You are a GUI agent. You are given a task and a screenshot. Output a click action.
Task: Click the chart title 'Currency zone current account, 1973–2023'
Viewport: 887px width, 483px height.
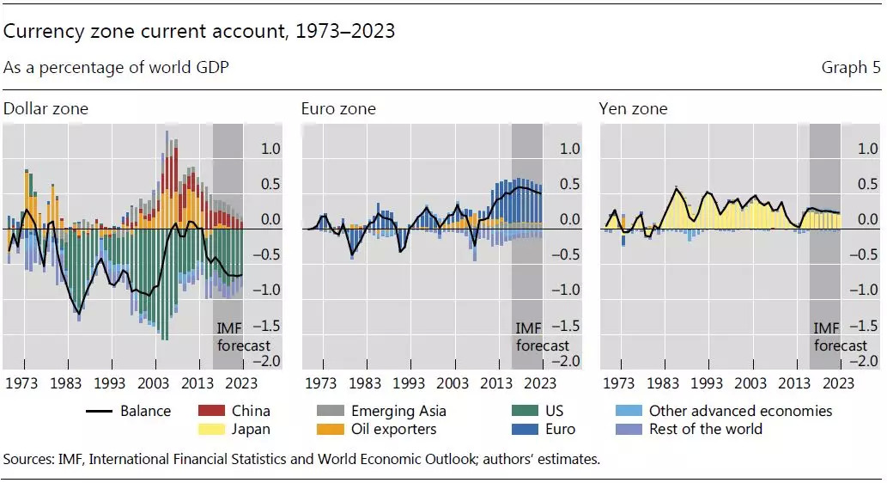click(199, 32)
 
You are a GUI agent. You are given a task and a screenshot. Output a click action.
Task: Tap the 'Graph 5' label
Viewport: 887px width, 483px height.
click(851, 67)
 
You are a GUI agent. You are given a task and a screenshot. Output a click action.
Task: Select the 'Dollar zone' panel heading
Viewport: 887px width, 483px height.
click(46, 109)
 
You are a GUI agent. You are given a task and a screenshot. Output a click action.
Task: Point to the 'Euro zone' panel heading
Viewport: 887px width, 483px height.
click(337, 109)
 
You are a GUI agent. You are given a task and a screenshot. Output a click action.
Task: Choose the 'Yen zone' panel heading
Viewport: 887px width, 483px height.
click(632, 109)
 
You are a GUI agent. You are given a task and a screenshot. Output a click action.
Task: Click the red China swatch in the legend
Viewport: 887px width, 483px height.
click(211, 411)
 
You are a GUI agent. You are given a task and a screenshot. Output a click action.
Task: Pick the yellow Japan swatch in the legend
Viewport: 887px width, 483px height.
click(211, 429)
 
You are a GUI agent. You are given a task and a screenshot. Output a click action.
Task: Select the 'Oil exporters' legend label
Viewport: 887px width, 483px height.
click(393, 429)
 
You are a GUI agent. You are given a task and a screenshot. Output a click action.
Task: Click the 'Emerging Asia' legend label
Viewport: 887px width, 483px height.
click(398, 411)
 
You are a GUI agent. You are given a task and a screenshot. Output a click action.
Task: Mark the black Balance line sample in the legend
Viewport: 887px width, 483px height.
click(100, 411)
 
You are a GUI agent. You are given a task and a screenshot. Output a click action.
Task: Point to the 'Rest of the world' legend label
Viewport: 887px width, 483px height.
click(705, 429)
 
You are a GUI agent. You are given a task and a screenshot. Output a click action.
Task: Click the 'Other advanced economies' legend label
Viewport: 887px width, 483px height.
click(740, 411)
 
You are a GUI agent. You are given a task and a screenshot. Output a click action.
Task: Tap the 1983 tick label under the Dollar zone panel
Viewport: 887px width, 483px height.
click(66, 383)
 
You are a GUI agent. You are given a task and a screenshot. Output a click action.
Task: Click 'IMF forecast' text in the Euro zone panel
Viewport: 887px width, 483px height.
click(542, 337)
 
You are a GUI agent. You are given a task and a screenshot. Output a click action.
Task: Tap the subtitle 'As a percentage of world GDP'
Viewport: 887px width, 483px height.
click(116, 67)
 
